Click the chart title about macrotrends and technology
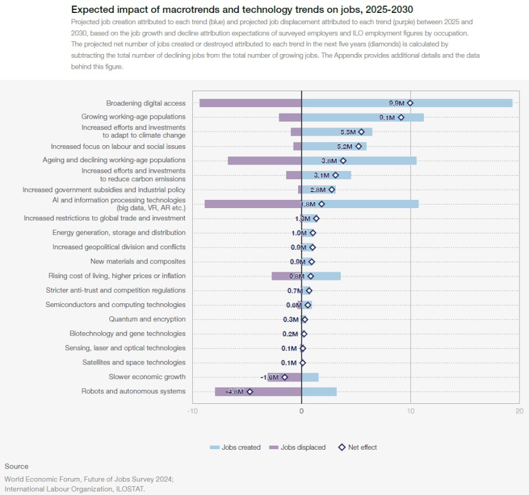242,9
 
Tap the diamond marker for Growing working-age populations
401,118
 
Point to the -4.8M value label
234,392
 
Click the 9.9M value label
396,103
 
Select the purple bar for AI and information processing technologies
253,204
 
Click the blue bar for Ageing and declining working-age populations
382,160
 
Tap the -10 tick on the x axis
192,412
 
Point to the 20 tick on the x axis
519,412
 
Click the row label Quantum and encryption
147,319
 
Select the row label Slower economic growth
147,377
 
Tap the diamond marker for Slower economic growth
285,377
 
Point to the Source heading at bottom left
16,466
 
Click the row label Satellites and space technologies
133,363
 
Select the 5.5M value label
348,132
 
